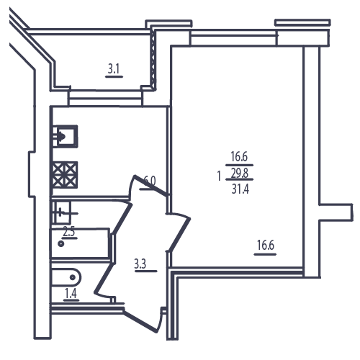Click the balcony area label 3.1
pos(114,69)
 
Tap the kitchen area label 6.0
pos(150,181)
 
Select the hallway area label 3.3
pos(140,264)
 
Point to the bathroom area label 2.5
pos(69,232)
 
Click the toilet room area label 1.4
pos(71,293)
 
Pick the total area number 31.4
pos(240,189)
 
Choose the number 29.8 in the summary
pos(240,173)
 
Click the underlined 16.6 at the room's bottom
pos(266,245)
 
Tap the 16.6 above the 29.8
pos(239,156)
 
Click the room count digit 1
pos(219,176)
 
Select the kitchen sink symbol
pos(65,136)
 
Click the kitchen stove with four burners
pos(65,175)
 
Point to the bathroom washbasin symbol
pos(62,212)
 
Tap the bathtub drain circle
pos(61,244)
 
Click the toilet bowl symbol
pos(66,277)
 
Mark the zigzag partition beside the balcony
pos(153,59)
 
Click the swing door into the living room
pos(179,232)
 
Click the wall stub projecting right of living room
pos(336,212)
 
